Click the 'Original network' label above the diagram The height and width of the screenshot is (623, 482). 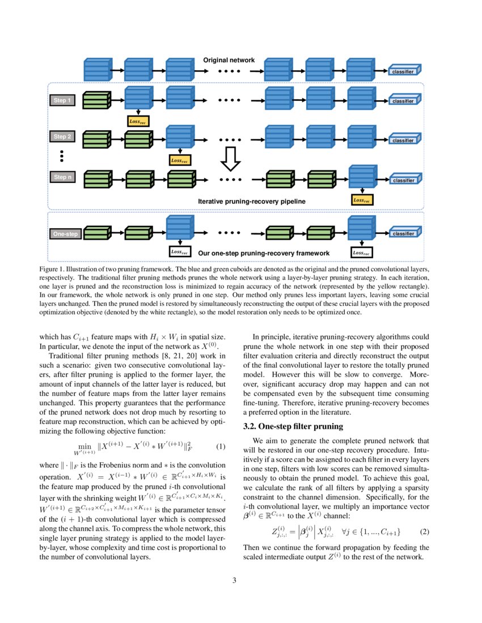229,60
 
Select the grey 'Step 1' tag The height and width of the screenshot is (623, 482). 62,100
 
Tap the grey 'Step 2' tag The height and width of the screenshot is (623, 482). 62,136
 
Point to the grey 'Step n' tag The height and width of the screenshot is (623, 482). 62,177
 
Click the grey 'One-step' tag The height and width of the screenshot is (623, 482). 65,233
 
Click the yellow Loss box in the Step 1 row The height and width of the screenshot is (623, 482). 138,121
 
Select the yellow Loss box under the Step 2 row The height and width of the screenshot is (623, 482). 180,160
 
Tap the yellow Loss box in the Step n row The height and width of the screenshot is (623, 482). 362,200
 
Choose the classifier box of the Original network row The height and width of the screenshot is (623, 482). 404,72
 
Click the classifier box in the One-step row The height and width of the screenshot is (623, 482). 404,233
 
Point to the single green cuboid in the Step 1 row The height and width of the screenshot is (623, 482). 97,100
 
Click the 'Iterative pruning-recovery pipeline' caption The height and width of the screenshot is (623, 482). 252,201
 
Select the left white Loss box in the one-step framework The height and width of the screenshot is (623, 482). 180,252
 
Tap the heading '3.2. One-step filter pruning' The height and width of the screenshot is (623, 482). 293,425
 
